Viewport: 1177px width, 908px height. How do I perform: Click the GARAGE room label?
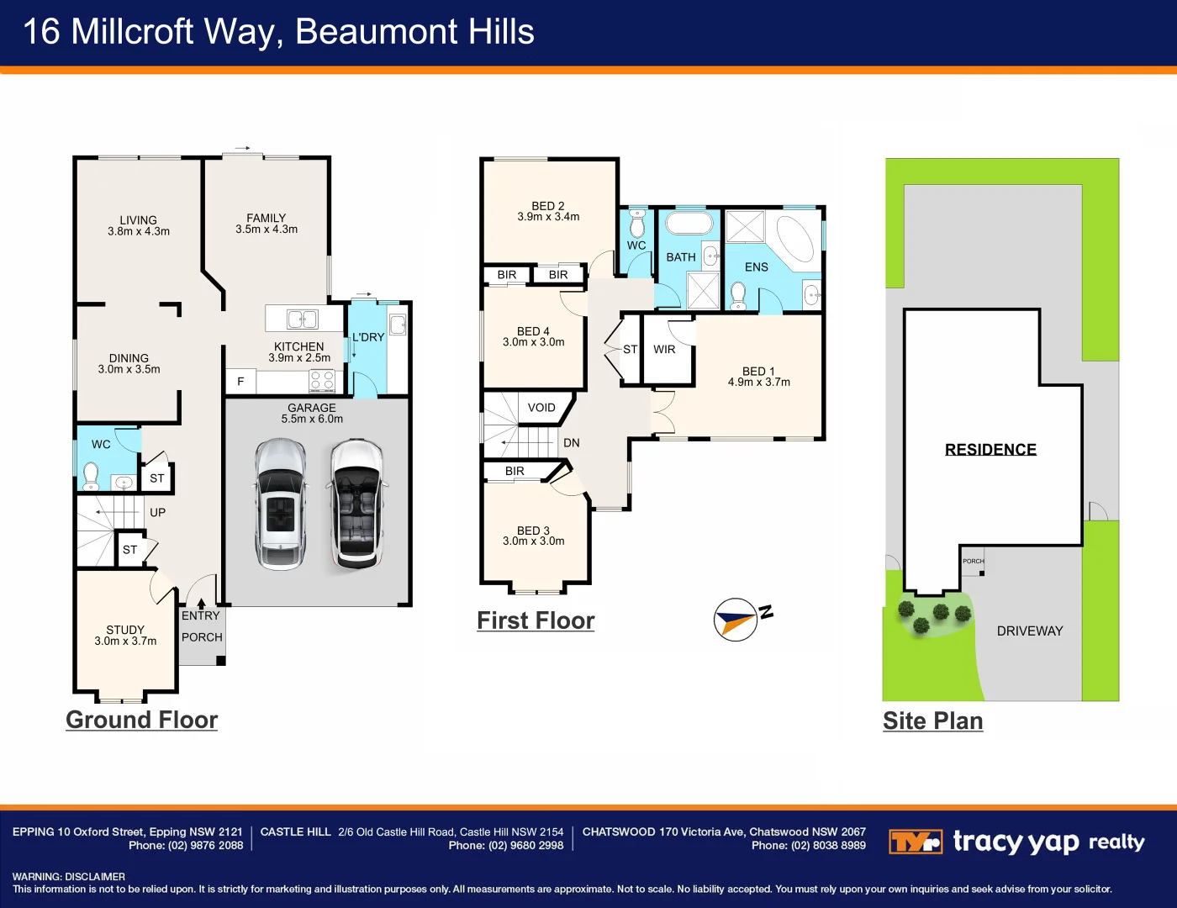click(x=312, y=408)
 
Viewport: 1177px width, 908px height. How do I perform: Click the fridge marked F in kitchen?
click(x=240, y=382)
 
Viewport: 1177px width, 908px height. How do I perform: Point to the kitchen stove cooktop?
click(x=322, y=382)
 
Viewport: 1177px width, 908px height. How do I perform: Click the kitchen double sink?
click(x=303, y=319)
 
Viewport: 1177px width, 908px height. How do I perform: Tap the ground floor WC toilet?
click(x=91, y=478)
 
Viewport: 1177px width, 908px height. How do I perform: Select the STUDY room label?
click(x=125, y=630)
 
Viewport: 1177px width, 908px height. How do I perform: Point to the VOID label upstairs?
click(x=541, y=408)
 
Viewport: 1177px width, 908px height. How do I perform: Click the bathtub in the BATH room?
click(x=689, y=224)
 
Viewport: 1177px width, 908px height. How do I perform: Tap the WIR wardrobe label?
click(x=664, y=350)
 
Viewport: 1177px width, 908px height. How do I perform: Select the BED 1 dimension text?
click(x=759, y=383)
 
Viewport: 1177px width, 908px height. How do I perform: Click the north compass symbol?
click(x=736, y=620)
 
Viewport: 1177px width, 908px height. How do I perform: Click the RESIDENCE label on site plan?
click(x=990, y=450)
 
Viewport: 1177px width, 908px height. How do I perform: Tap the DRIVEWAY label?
click(x=1030, y=631)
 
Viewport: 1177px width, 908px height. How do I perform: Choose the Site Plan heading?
click(x=932, y=721)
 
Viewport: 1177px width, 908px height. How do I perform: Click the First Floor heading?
click(x=536, y=620)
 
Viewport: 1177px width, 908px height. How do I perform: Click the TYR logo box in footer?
click(x=916, y=842)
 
